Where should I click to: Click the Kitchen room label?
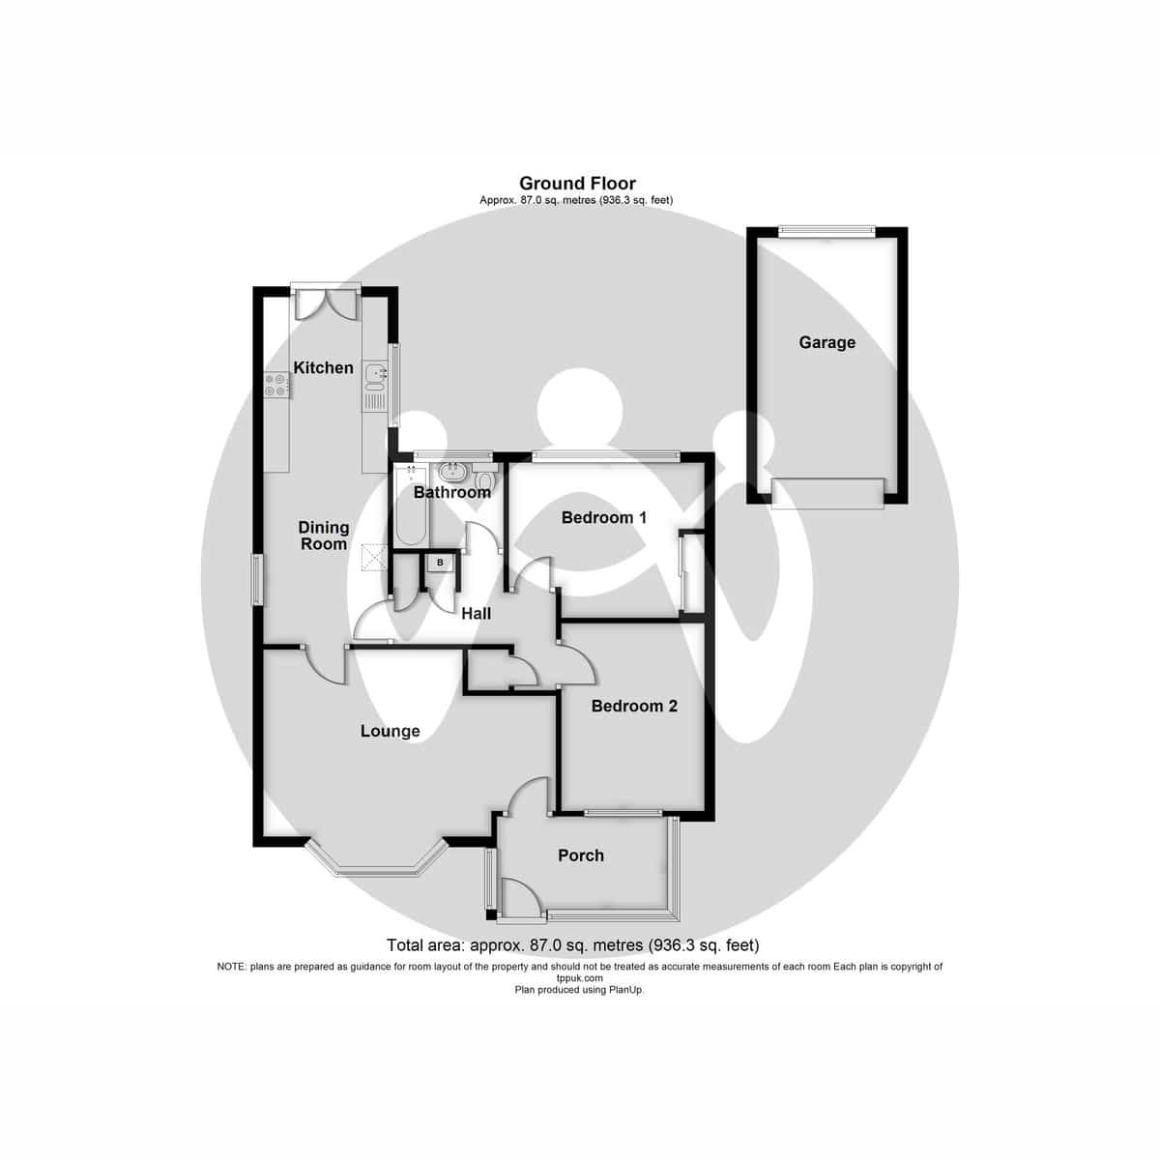tap(324, 367)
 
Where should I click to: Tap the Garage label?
tap(826, 342)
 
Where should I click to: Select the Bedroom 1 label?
tap(604, 518)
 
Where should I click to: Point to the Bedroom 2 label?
tap(634, 706)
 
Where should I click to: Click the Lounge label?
tap(391, 731)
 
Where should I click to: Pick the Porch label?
tap(581, 855)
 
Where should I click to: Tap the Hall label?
tap(476, 613)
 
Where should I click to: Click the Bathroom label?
tap(451, 492)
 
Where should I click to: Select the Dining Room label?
tap(323, 536)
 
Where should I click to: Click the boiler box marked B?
tap(441, 562)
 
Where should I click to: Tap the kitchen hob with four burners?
tap(276, 385)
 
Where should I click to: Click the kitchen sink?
tap(374, 368)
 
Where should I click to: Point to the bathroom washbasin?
tap(451, 473)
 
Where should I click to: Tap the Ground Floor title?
tap(577, 183)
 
